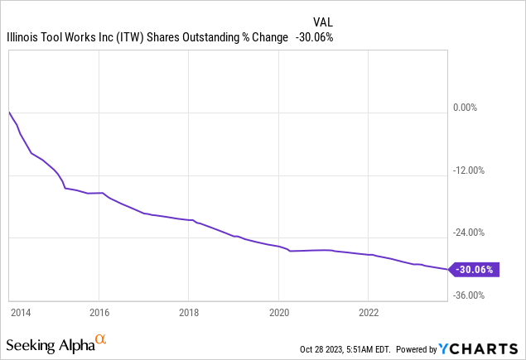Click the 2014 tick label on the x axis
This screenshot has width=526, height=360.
click(x=21, y=313)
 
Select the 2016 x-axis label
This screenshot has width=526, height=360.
click(x=99, y=313)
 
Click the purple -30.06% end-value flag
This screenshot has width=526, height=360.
click(x=474, y=269)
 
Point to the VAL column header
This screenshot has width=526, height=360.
click(x=323, y=22)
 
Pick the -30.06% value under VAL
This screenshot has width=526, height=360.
click(x=315, y=37)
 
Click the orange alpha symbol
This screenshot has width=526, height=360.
click(x=101, y=339)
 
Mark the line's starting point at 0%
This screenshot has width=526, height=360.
click(x=9, y=111)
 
